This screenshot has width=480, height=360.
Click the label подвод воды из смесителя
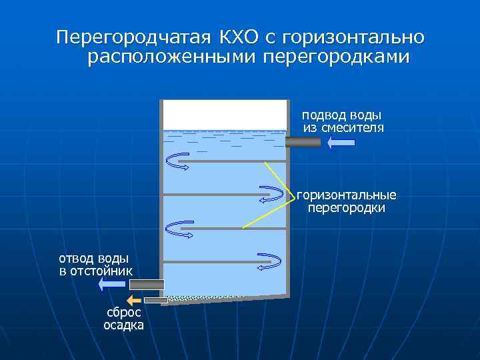[343, 121]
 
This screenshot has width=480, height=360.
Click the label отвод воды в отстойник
[95, 265]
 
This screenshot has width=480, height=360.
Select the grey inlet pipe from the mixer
[303, 141]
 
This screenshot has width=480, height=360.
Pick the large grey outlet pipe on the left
[146, 285]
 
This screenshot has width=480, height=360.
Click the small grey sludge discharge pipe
[156, 301]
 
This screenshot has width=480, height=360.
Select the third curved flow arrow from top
[178, 229]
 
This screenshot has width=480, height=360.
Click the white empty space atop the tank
[225, 114]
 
